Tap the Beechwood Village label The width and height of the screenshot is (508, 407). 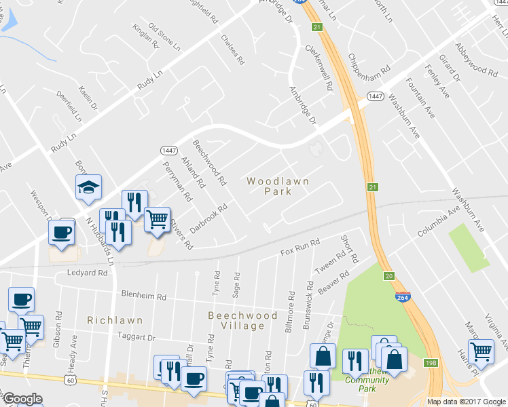click(x=242, y=320)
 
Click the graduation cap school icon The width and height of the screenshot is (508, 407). click(x=88, y=188)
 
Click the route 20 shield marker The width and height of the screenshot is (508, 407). click(x=388, y=276)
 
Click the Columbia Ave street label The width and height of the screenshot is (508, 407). click(x=437, y=222)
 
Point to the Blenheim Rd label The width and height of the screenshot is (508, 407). click(x=144, y=296)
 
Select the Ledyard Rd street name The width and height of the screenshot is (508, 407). click(x=88, y=273)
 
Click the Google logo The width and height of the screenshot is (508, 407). click(x=23, y=400)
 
